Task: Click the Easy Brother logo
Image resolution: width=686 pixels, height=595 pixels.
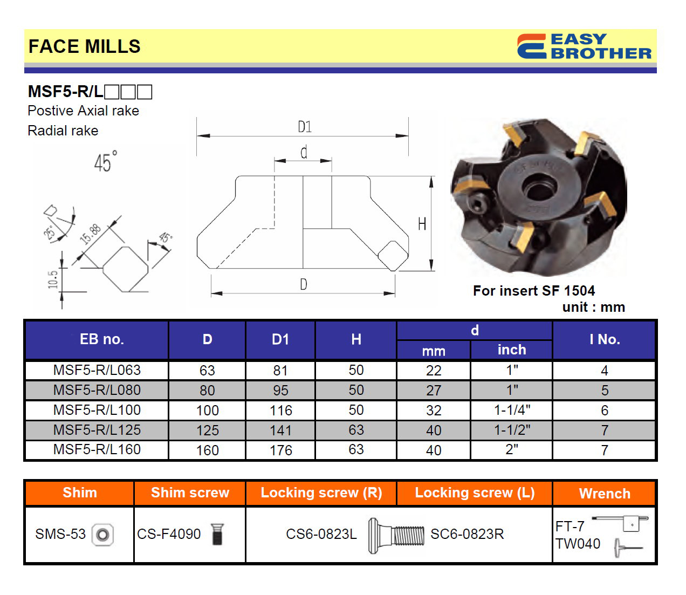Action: (584, 46)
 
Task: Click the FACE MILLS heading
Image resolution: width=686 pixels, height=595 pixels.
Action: (85, 46)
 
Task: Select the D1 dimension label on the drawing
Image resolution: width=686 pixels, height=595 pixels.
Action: (305, 127)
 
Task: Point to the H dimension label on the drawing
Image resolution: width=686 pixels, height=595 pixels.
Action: (422, 224)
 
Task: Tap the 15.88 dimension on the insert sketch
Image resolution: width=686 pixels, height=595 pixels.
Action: (90, 234)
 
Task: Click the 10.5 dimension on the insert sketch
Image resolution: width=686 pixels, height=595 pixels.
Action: (53, 279)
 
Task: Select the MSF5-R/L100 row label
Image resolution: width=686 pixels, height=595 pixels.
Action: (97, 410)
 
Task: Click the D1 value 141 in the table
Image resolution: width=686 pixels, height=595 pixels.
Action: (280, 430)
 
